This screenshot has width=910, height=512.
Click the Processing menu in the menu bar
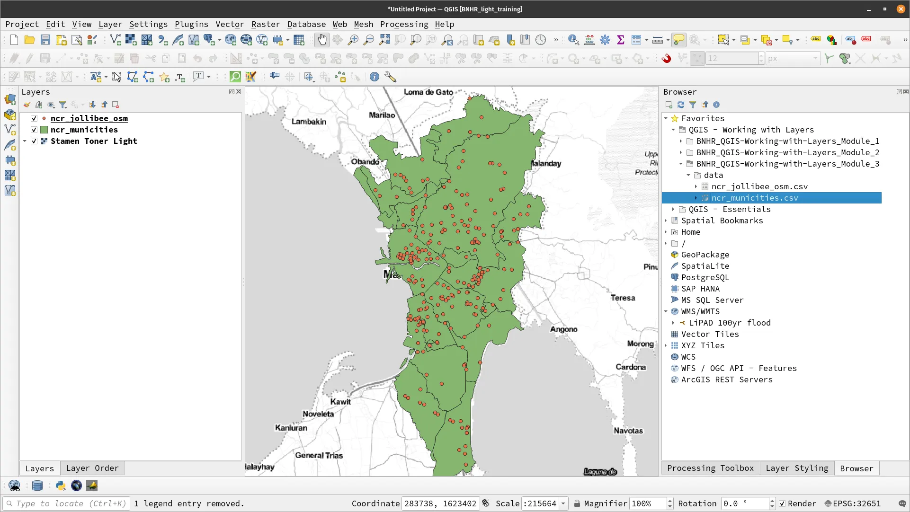[404, 24]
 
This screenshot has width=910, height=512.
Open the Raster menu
[265, 24]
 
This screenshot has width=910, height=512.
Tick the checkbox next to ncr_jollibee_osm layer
[34, 118]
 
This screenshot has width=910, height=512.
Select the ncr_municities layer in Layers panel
[84, 130]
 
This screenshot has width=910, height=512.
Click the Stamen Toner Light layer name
[94, 141]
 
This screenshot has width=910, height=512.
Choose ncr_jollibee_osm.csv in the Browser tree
[759, 186]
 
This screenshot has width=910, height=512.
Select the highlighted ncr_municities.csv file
[754, 198]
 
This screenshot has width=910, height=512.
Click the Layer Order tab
[92, 468]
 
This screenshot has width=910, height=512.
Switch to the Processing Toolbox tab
[710, 468]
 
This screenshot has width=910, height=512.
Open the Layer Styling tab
[797, 468]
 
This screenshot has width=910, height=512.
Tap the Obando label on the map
[365, 162]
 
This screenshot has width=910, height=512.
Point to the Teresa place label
[623, 298]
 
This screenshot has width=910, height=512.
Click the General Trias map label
[319, 455]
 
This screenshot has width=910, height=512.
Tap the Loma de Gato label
[428, 92]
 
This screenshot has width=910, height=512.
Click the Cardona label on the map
[630, 367]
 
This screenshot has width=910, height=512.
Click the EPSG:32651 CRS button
[853, 503]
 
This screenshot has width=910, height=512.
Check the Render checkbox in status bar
[782, 503]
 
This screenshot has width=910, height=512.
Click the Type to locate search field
[66, 503]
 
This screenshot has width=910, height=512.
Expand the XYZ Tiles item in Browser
[666, 345]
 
